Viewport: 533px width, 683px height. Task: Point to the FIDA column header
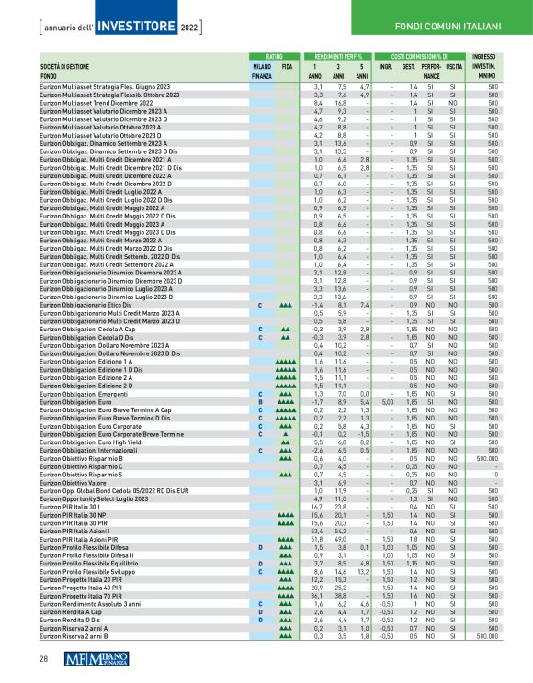(x=288, y=67)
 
